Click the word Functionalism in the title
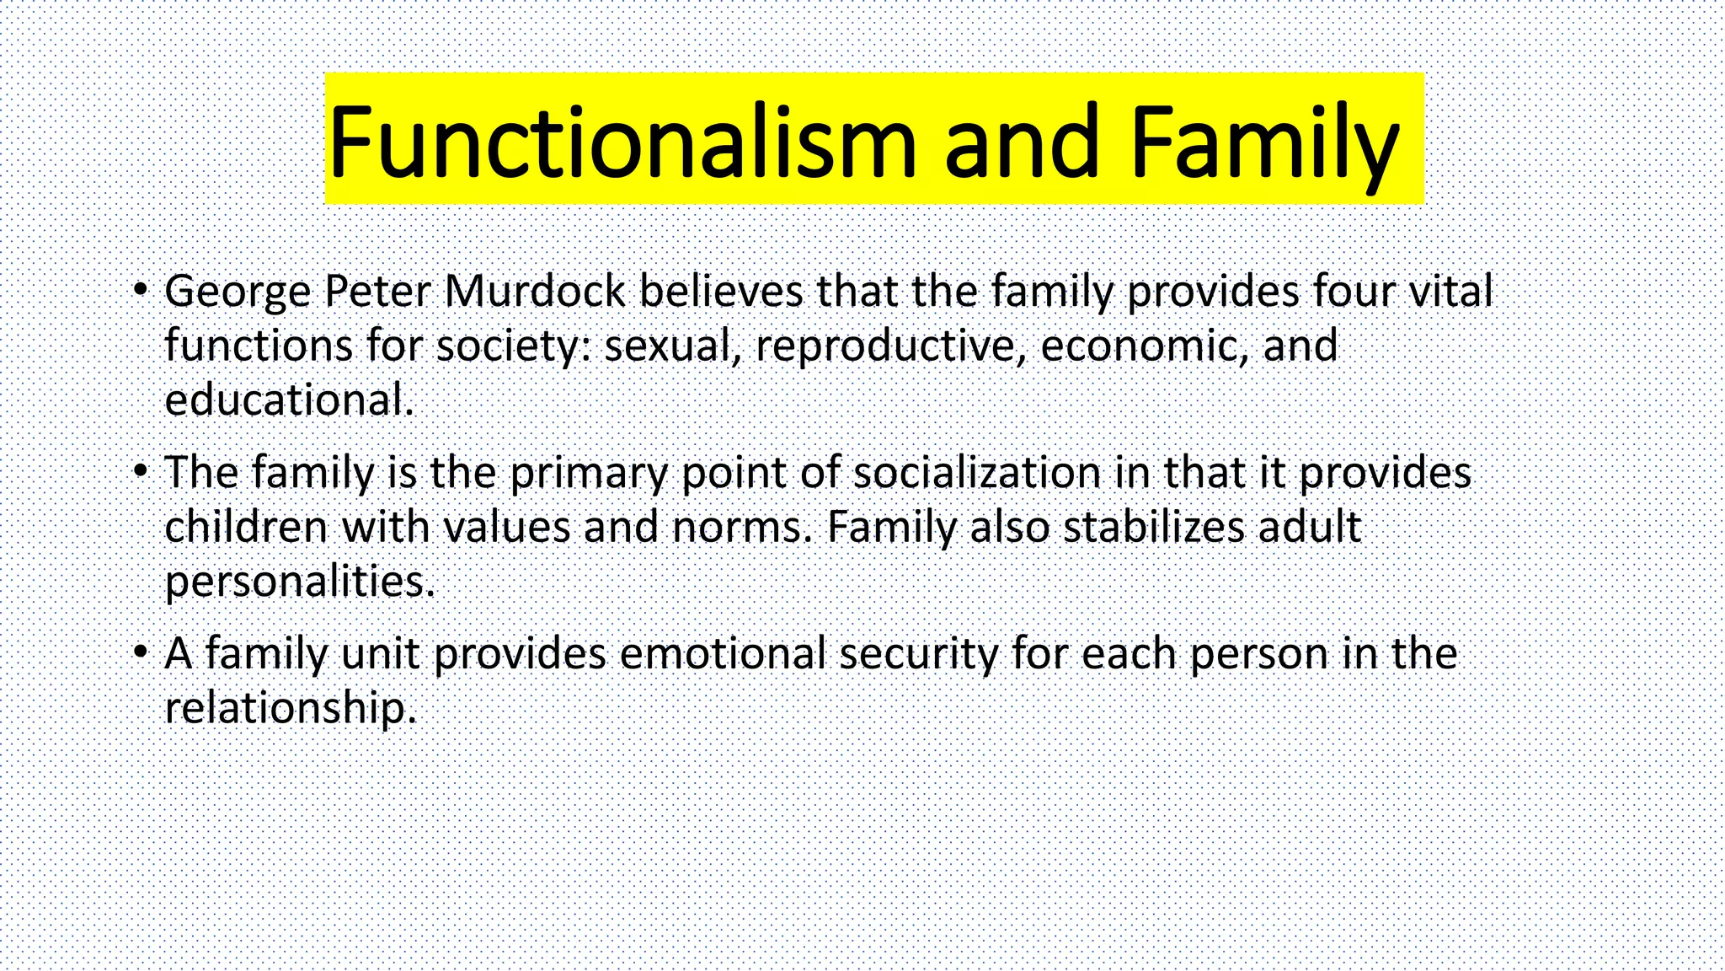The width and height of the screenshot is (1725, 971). (x=622, y=142)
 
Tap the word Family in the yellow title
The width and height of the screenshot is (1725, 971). (x=1264, y=142)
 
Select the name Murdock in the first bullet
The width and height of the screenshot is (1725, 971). (x=535, y=292)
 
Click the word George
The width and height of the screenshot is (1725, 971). (x=238, y=292)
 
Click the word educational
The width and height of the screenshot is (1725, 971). (x=287, y=400)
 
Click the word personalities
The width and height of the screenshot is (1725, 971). (x=299, y=582)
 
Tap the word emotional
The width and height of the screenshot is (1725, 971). (x=723, y=654)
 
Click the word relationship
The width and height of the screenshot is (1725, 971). (x=290, y=708)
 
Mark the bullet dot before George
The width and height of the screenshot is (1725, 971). (x=141, y=291)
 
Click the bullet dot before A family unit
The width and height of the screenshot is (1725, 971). (x=141, y=652)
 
